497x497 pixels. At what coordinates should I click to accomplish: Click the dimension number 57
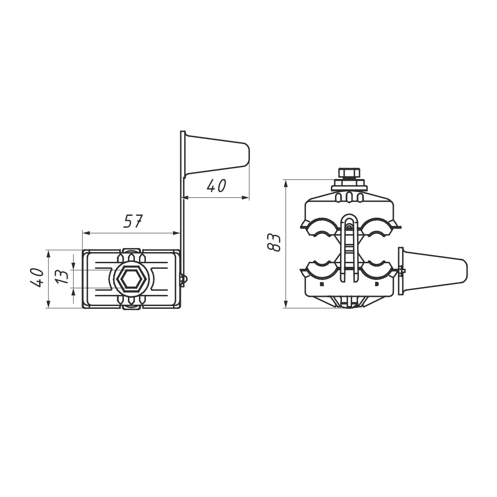(x=133, y=221)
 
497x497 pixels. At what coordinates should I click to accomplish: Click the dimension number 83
(x=274, y=243)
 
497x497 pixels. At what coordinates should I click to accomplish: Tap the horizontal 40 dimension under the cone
(x=216, y=186)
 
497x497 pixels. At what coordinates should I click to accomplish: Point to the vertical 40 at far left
(x=38, y=277)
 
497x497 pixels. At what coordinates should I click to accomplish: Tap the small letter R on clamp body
(x=322, y=284)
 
